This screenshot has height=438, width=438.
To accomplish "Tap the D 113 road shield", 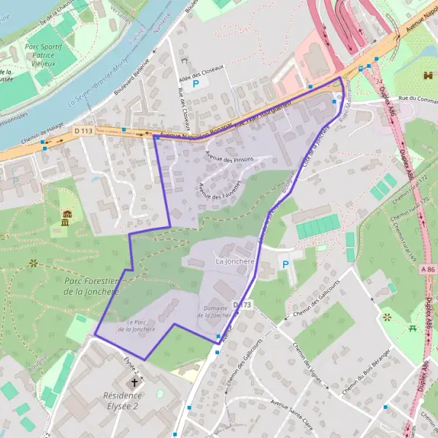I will pyautogui.click(x=83, y=131).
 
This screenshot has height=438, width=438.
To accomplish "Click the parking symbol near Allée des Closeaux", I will pyautogui.click(x=195, y=85).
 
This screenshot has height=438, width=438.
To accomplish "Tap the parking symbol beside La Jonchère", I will pyautogui.click(x=285, y=264).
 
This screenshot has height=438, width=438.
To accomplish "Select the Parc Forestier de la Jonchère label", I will pyautogui.click(x=91, y=285).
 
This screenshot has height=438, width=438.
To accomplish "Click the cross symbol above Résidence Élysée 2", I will pyautogui.click(x=134, y=383).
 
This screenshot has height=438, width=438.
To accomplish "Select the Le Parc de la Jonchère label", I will pyautogui.click(x=141, y=325).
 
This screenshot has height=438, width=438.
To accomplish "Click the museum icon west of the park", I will pyautogui.click(x=66, y=217).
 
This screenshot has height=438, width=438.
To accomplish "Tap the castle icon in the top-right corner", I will pyautogui.click(x=426, y=75).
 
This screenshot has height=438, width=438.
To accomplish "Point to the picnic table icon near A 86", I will pyautogui.click(x=413, y=328).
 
